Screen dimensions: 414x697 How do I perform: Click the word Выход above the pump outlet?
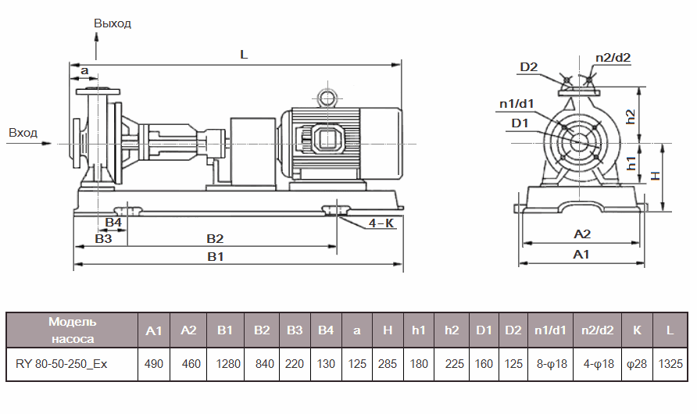pos(113,23)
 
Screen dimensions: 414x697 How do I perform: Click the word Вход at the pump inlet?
pos(23,133)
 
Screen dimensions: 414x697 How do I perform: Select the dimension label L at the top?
pos(244,55)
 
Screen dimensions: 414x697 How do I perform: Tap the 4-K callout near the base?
pos(381,223)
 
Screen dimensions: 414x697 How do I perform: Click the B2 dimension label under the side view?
pos(215,237)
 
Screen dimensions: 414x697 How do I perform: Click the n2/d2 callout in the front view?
pos(613,57)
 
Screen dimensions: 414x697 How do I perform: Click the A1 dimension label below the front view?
pos(581,255)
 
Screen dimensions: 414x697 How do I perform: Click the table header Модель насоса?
pos(73,330)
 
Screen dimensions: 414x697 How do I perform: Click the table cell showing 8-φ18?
pos(551,364)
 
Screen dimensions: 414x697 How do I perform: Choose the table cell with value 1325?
pos(670,364)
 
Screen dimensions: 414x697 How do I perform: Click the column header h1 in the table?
pos(418,330)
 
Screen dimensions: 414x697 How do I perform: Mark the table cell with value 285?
pos(387,364)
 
